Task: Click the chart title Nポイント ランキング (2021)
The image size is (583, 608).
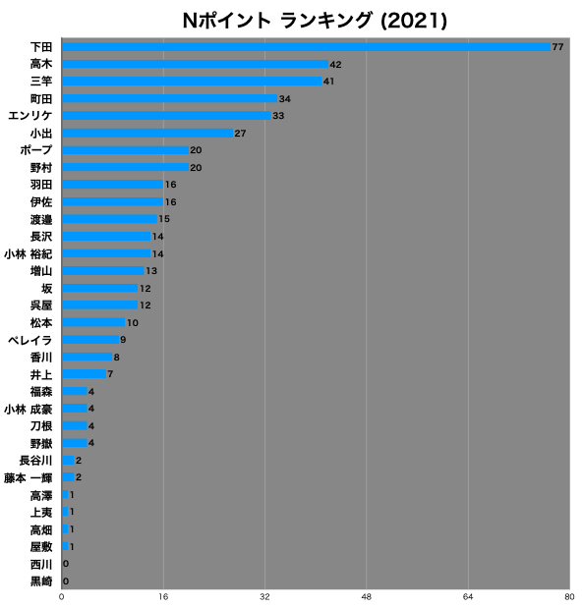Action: point(315,21)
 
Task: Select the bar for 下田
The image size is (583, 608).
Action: point(307,47)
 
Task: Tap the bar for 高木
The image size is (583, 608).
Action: point(196,64)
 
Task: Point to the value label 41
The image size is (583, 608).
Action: point(328,82)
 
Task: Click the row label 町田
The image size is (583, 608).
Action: point(41,99)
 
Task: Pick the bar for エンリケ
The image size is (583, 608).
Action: point(166,116)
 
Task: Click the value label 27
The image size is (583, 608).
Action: point(240,134)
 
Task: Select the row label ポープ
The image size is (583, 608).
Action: point(36,150)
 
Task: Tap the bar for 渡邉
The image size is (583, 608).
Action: point(109,219)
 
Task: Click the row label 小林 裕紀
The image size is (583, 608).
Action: point(28,254)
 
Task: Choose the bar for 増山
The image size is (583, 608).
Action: point(103,271)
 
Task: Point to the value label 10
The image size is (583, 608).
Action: point(133,323)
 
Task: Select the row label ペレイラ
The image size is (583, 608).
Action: point(29,340)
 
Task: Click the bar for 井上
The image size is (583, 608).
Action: point(85,374)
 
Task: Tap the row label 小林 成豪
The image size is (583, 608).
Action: point(28,409)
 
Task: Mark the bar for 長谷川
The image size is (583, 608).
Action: point(68,461)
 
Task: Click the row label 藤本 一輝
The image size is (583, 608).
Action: point(28,478)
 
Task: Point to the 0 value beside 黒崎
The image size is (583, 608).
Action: point(66,581)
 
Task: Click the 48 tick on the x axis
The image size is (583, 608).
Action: point(367,597)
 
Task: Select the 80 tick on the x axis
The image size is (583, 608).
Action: point(569,597)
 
